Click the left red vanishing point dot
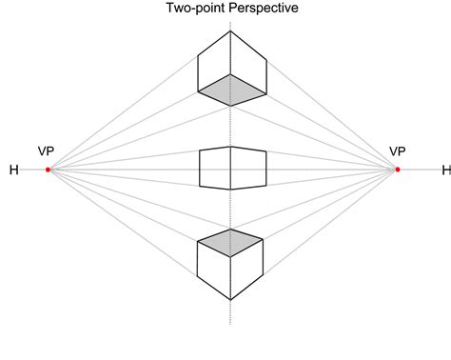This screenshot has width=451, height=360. pyautogui.click(x=48, y=170)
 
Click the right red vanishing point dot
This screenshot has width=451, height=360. pyautogui.click(x=398, y=170)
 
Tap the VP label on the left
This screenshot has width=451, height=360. pyautogui.click(x=47, y=152)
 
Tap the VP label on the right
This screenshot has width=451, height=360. pyautogui.click(x=399, y=152)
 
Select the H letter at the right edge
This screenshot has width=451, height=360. pyautogui.click(x=444, y=170)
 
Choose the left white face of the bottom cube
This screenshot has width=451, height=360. pyautogui.click(x=213, y=269)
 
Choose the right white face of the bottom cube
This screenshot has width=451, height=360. pyautogui.click(x=248, y=269)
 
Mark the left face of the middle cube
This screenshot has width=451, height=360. pyautogui.click(x=215, y=169)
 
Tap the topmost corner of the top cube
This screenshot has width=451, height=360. pyautogui.click(x=231, y=31)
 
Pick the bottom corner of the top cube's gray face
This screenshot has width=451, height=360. pyautogui.click(x=231, y=102)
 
